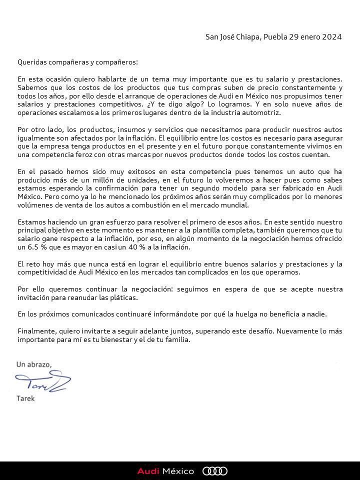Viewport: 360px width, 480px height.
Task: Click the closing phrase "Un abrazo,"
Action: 34,365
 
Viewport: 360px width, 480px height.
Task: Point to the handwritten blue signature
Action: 42,383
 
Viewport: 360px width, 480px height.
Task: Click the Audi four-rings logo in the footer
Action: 214,471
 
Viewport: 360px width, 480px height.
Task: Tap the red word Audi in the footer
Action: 148,471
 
